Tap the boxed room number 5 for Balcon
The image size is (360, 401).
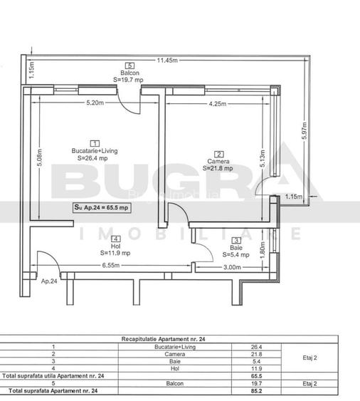click(129, 66)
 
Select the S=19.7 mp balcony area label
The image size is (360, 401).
click(129, 80)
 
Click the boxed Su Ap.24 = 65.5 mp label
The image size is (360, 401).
click(101, 207)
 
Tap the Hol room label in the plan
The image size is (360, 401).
click(115, 246)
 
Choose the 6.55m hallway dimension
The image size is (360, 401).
click(109, 266)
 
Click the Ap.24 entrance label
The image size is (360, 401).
click(48, 281)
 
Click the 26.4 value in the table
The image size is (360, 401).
click(258, 347)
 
